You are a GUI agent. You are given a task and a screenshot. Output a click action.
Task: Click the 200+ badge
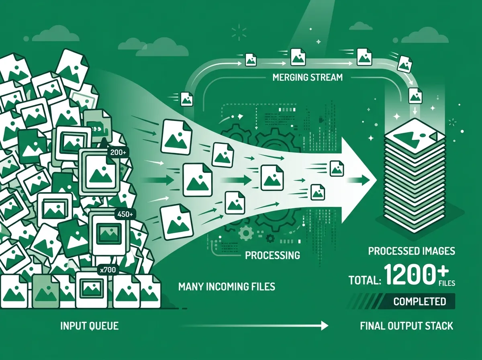pyautogui.click(x=118, y=152)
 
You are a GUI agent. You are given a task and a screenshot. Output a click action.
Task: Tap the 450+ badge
pyautogui.click(x=125, y=214)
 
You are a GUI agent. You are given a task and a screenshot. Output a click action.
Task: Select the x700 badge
pyautogui.click(x=108, y=270)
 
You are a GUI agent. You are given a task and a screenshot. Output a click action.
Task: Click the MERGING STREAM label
pyautogui.click(x=307, y=78)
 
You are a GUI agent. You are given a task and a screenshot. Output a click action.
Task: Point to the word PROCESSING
pyautogui.click(x=272, y=255)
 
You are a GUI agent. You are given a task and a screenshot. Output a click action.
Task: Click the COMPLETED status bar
pyautogui.click(x=401, y=301)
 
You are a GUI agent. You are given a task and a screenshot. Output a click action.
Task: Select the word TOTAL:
pyautogui.click(x=365, y=280)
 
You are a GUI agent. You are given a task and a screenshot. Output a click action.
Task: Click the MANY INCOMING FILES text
pyautogui.click(x=227, y=286)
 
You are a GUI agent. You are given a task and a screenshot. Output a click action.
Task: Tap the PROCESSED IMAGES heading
pyautogui.click(x=412, y=251)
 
